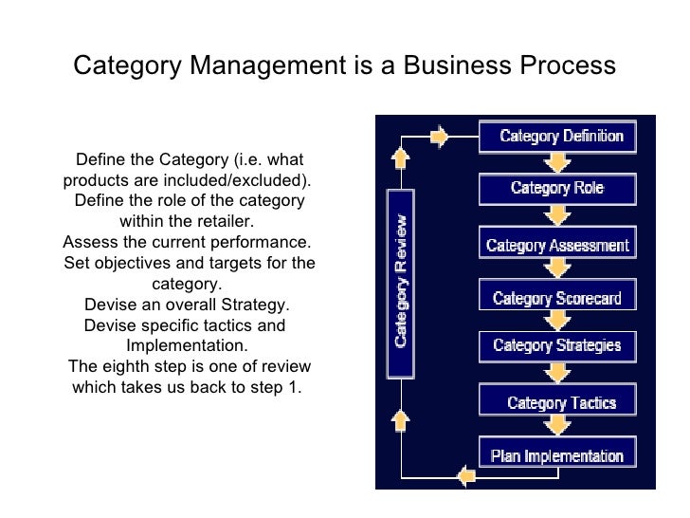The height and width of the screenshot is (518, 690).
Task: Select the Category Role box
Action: pyautogui.click(x=557, y=188)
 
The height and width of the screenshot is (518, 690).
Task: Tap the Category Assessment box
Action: pyautogui.click(x=557, y=246)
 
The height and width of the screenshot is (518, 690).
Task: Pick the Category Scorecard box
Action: pyautogui.click(x=557, y=298)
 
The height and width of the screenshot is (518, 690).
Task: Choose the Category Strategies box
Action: pyautogui.click(x=557, y=345)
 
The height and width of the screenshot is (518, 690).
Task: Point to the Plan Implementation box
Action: pyautogui.click(x=557, y=455)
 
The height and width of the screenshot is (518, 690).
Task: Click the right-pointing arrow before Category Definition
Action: pyautogui.click(x=439, y=137)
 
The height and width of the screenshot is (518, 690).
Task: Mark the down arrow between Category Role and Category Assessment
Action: pyautogui.click(x=557, y=215)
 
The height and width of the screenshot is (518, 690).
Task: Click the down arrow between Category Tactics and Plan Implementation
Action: pyautogui.click(x=557, y=429)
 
